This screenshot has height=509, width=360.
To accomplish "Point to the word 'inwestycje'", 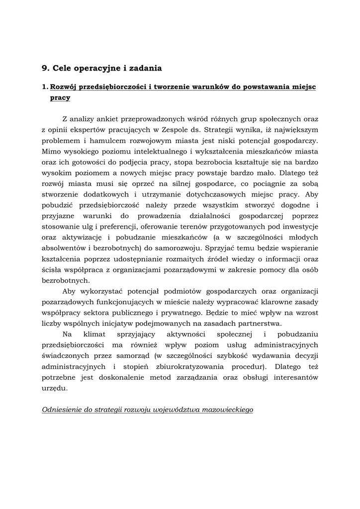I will (x=298, y=228).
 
